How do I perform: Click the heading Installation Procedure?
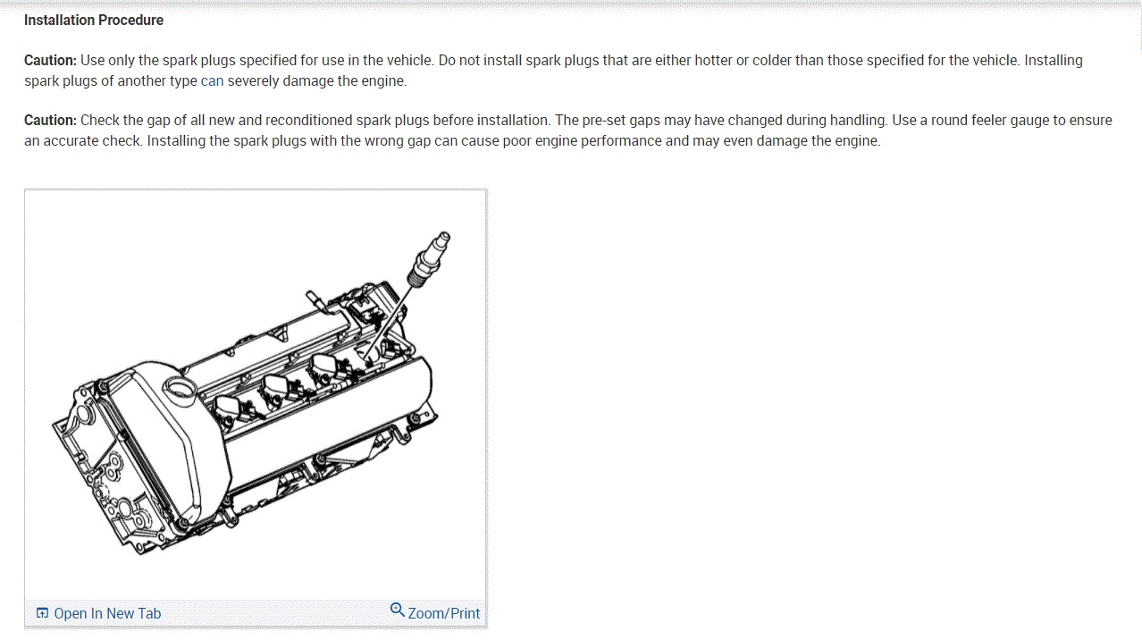point(94,21)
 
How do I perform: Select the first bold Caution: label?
point(50,60)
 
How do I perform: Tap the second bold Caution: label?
point(50,121)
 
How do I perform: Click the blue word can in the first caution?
point(212,81)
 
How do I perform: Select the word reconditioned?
point(309,121)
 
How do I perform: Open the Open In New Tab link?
point(107,613)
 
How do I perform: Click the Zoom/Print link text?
point(443,613)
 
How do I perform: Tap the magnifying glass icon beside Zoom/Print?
point(397,610)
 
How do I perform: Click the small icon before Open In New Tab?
point(42,613)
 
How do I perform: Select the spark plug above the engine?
point(429,259)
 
